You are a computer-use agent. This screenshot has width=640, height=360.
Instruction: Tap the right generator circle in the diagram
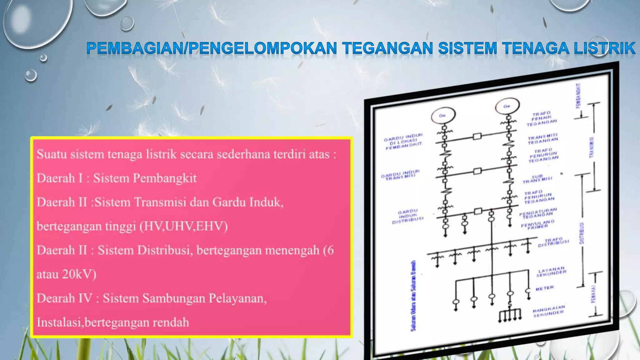(507, 106)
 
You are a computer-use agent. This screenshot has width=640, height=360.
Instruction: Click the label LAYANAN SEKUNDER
(552, 272)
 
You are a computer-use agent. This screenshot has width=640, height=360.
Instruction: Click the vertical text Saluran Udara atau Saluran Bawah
(413, 295)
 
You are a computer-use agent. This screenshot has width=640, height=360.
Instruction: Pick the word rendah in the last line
(171, 322)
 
